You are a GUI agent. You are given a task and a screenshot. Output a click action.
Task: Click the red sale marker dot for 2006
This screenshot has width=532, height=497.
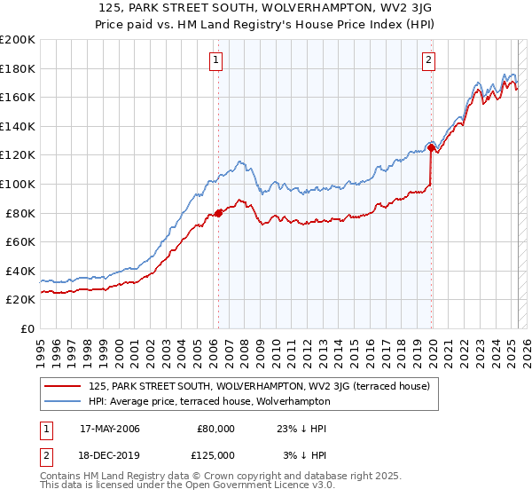pyautogui.click(x=218, y=213)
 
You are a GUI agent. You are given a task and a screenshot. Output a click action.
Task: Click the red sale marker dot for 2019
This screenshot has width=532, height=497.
pyautogui.click(x=431, y=148)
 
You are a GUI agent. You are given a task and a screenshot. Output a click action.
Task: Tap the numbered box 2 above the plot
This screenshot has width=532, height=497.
pyautogui.click(x=428, y=60)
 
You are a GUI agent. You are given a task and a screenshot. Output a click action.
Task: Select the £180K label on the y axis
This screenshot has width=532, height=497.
pyautogui.click(x=18, y=68)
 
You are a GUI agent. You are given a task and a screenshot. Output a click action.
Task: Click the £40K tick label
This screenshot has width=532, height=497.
pyautogui.click(x=20, y=271)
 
